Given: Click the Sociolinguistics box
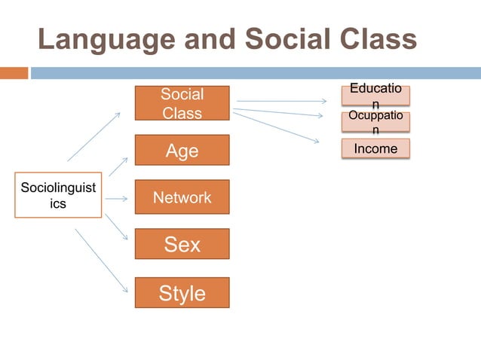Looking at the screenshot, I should pos(58,196).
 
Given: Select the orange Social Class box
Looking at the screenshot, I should pos(182,103).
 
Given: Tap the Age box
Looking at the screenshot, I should pos(182,151).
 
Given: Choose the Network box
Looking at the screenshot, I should pos(182,197).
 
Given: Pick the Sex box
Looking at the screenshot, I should pos(182,245).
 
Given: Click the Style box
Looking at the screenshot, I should pos(182,292).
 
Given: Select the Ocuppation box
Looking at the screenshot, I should pos(375,122).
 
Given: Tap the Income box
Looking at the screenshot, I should pos(375,148).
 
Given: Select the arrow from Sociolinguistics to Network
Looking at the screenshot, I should pos(116,199).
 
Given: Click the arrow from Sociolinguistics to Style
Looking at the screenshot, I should pos(102,261).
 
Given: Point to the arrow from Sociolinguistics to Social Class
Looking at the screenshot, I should pos(93,136).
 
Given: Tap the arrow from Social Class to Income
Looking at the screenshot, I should pos(276,126).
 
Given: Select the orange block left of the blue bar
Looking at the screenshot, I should pos(14,73).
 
